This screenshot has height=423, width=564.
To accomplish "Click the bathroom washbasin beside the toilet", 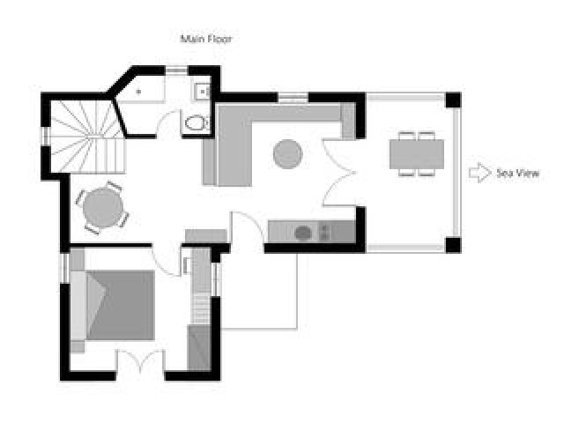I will pos(202,90).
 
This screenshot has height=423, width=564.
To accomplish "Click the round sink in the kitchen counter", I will pos(303,233).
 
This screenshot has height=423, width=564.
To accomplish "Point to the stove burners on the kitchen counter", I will pos(325,232).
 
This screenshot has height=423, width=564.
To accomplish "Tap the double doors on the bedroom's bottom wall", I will pos(141,361).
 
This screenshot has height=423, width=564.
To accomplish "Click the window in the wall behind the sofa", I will pos(291,94).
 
